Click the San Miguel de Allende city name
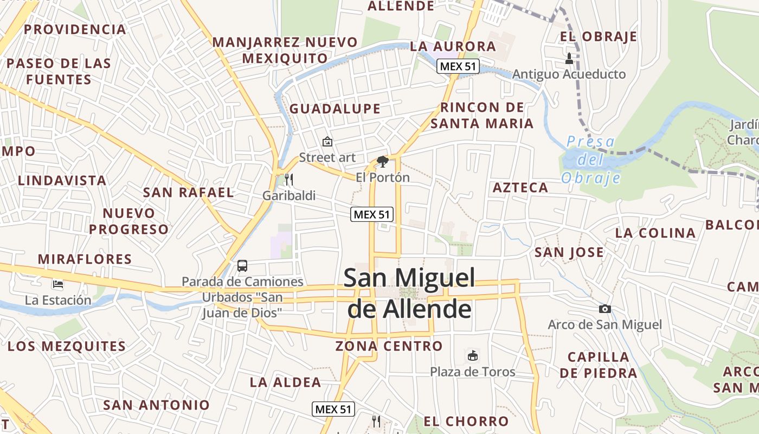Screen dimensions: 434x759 (x=409, y=293)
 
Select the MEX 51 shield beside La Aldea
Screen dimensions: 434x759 (x=333, y=409)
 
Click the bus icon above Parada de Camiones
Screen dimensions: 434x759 (x=242, y=266)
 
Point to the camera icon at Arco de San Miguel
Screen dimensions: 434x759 (x=604, y=309)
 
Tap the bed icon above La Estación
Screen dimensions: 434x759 (x=58, y=284)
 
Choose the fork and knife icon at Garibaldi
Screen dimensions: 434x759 (x=288, y=180)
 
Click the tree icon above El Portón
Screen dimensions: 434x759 (x=383, y=161)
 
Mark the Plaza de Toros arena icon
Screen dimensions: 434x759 (x=473, y=356)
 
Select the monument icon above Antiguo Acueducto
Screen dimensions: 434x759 (x=569, y=58)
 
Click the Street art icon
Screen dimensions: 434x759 (x=327, y=142)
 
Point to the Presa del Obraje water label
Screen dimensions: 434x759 (x=590, y=159)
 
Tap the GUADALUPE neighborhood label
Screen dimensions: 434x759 (x=335, y=108)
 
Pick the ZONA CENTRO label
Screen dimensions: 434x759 (x=389, y=346)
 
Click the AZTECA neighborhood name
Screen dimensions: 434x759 (x=520, y=188)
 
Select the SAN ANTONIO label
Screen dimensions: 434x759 (x=156, y=405)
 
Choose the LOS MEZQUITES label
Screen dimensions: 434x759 (x=67, y=346)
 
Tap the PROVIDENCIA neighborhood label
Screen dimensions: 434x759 (x=75, y=29)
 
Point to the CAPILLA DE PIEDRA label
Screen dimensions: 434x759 (x=598, y=365)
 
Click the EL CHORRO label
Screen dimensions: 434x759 (x=466, y=422)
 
